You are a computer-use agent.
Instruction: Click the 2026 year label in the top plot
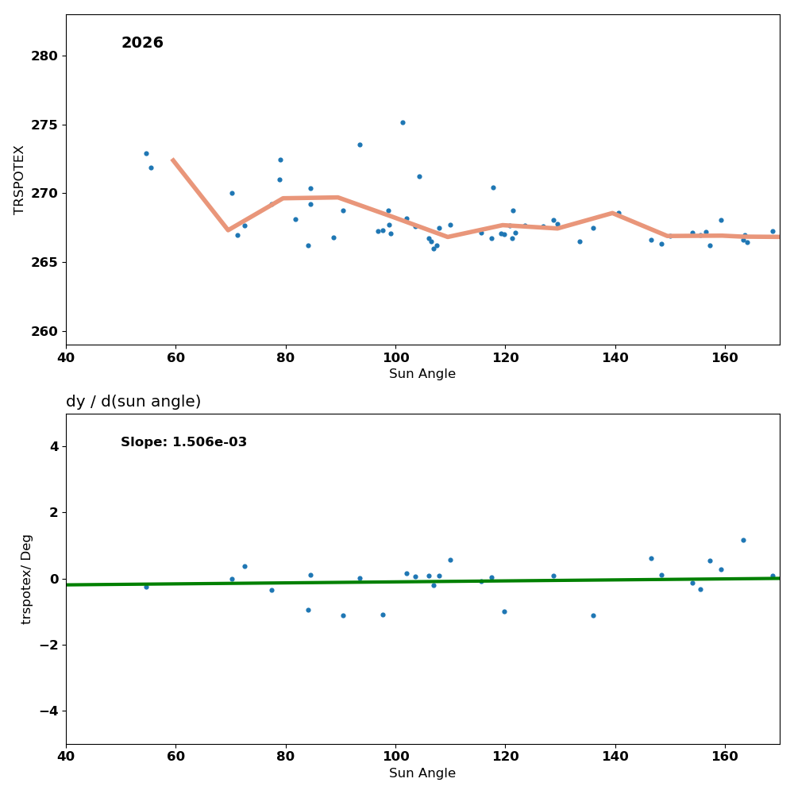142,43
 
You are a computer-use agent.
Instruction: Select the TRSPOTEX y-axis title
19,179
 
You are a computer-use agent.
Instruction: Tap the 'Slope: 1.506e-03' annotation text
183,442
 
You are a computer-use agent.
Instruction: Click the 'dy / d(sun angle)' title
133,402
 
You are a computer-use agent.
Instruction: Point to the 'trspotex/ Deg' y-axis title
27,579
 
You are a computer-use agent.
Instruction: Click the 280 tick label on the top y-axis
44,56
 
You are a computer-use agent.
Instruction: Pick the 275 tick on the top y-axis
44,125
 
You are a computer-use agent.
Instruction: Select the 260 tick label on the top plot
44,331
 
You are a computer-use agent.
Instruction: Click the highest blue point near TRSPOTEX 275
403,122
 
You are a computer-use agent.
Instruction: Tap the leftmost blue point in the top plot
146,153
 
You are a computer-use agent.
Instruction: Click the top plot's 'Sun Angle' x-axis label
422,374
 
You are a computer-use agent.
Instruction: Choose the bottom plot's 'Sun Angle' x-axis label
422,773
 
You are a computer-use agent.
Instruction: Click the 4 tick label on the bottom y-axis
54,446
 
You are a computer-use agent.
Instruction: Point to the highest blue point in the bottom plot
743,541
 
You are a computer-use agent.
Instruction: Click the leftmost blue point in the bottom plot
146,587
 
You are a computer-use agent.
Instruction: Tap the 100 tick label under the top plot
395,357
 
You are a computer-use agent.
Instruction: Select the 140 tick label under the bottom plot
615,757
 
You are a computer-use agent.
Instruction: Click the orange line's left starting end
172,160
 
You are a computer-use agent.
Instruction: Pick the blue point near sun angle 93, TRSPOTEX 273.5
360,145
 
